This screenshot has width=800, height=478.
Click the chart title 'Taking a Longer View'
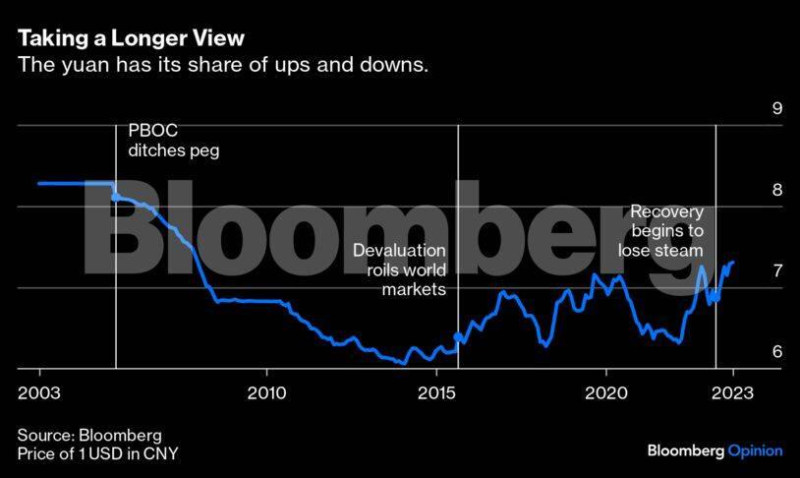point(131,38)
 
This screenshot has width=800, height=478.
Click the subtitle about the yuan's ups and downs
point(223,66)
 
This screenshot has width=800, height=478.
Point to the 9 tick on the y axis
point(776,108)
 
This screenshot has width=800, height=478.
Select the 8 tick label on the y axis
point(776,190)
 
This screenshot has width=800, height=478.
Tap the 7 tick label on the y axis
point(776,270)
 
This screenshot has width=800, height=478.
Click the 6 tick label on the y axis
point(776,352)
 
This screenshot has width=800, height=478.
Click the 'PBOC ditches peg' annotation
point(173,142)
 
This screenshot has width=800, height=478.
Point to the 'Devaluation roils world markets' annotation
point(399,269)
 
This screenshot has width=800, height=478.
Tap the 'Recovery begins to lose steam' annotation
point(661,231)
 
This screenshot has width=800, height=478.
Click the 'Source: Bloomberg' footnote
point(89,435)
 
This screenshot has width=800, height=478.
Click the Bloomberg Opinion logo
point(714,450)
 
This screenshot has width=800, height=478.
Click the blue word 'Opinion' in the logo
point(755,450)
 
